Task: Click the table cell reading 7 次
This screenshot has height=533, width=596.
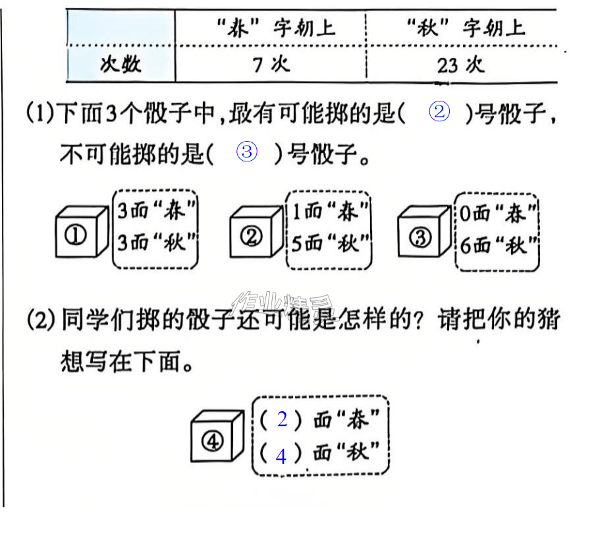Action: tap(271, 65)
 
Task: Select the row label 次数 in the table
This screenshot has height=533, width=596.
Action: tap(121, 64)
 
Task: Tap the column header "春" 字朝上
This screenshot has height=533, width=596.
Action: tap(271, 28)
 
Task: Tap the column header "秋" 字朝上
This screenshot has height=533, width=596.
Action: tap(461, 28)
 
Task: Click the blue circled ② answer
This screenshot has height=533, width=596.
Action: tap(439, 112)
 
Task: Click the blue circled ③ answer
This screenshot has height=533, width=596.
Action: tap(247, 152)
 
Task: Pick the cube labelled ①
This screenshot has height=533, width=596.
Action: tap(82, 231)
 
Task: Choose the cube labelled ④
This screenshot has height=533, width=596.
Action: tap(217, 435)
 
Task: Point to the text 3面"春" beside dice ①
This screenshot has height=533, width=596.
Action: tap(156, 210)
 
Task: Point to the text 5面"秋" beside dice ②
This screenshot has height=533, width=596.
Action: tap(330, 243)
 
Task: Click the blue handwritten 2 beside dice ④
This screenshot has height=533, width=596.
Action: tap(282, 419)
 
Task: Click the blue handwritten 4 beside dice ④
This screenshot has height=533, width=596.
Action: tap(281, 456)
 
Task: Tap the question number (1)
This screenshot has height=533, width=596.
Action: tap(41, 113)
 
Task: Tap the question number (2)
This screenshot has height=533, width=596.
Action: tap(41, 320)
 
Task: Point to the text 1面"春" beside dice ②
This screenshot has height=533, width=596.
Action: tap(330, 211)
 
